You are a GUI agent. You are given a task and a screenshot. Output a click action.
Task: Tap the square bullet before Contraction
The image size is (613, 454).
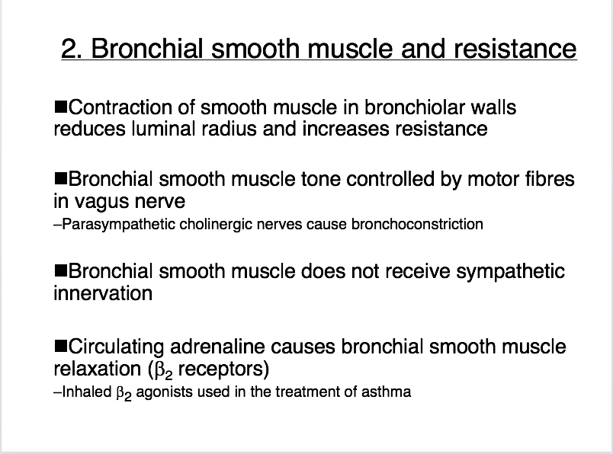point(60,107)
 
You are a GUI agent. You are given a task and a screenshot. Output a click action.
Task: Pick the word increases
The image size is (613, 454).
point(345,129)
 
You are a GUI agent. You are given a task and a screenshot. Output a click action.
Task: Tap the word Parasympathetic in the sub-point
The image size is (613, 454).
point(118,225)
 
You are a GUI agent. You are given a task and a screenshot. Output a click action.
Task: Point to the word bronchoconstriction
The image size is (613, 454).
point(417,224)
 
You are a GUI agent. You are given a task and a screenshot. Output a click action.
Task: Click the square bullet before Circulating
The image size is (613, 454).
point(60,346)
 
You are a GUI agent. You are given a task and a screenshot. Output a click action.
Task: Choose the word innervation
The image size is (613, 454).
point(103,294)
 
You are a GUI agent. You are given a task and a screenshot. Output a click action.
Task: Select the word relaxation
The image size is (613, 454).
point(98,369)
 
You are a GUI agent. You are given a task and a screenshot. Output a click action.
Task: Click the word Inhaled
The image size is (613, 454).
point(87,392)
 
